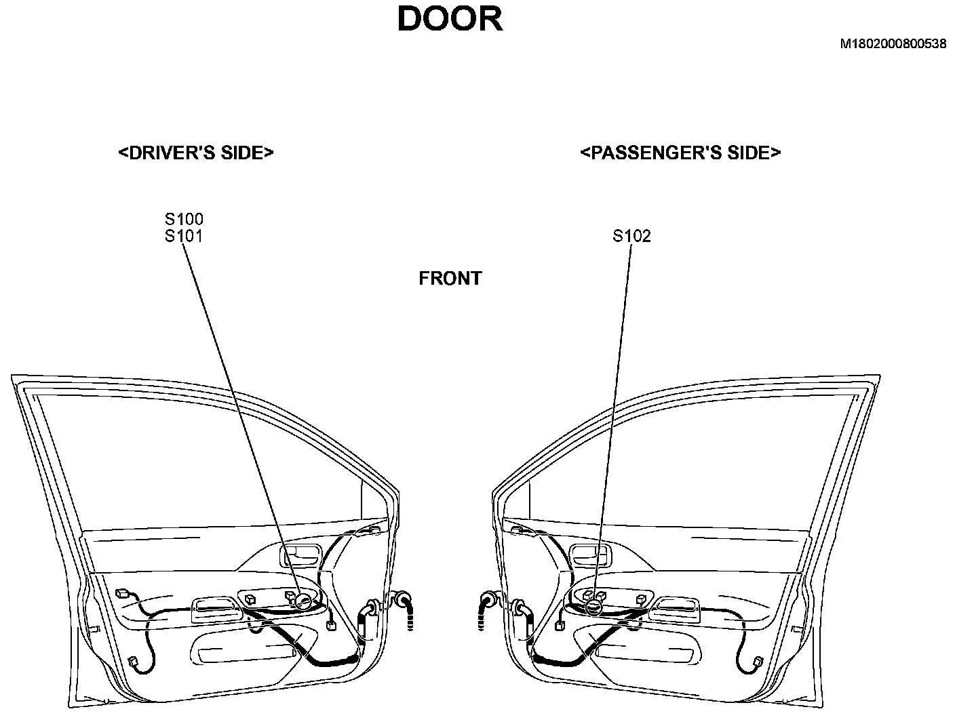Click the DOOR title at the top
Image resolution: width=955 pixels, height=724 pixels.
click(x=450, y=19)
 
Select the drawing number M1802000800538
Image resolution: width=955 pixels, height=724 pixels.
click(x=893, y=44)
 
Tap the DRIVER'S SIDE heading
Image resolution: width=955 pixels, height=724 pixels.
click(x=195, y=153)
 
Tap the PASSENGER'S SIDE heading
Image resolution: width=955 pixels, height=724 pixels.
click(x=680, y=153)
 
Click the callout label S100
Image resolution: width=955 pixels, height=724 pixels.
click(x=184, y=219)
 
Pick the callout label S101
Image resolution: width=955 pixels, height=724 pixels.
click(x=184, y=236)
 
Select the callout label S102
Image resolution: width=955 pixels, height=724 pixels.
click(x=631, y=236)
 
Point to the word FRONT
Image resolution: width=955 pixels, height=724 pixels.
click(x=450, y=279)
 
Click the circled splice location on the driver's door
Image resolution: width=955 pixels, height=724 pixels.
click(x=303, y=600)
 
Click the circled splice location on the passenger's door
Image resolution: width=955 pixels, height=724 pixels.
click(x=594, y=607)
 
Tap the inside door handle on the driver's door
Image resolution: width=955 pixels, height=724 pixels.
click(x=299, y=555)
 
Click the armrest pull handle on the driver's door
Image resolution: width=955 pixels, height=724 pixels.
click(x=217, y=609)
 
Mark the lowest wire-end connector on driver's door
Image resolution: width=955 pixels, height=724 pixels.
click(x=132, y=662)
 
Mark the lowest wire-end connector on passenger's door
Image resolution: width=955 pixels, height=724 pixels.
click(x=758, y=661)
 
